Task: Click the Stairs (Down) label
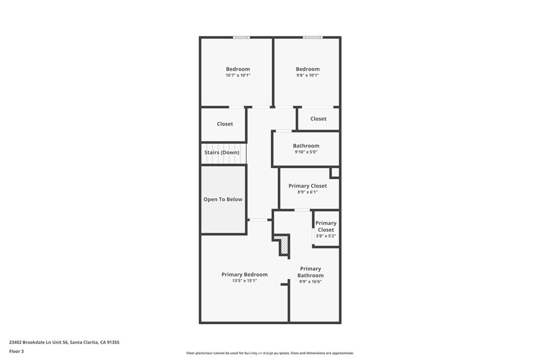coord(222,152)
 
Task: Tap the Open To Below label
coord(223,199)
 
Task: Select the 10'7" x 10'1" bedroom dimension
coord(238,75)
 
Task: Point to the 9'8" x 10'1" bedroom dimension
coord(307,75)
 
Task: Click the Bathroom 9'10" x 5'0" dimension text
coord(306,152)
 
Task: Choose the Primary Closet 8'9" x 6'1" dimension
coord(307,192)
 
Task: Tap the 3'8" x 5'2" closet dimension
coord(326,236)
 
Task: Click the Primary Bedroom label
coord(245,274)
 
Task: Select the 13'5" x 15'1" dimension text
coord(245,280)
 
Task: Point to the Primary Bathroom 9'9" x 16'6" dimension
coord(310,281)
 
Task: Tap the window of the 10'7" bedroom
coord(242,37)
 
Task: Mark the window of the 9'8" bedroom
coord(313,37)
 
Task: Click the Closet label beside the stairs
coord(225,124)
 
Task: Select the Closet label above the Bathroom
coord(318,119)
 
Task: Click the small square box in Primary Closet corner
coord(335,172)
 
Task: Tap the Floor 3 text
coord(16,352)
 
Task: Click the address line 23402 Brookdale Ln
coord(64,343)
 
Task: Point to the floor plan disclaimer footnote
coord(270,353)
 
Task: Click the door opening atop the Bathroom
coord(284,131)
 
